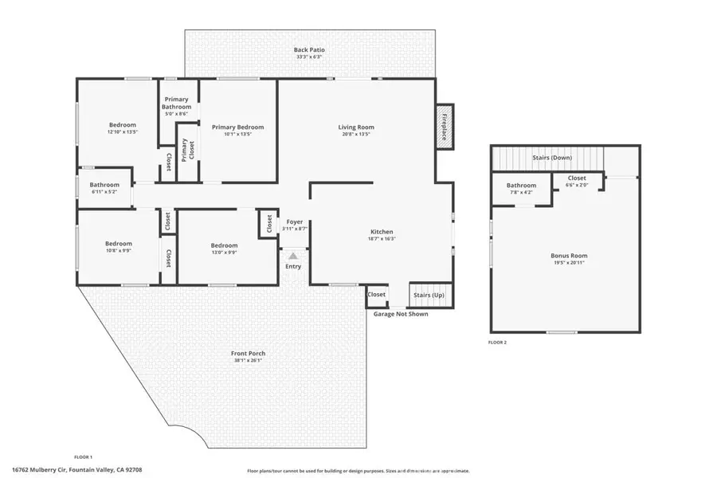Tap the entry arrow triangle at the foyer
(293, 256)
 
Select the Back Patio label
(309, 50)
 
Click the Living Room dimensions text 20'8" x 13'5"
(356, 134)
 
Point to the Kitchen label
(382, 232)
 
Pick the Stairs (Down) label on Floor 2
(551, 158)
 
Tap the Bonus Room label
(569, 256)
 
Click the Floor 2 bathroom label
(522, 186)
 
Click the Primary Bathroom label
(176, 103)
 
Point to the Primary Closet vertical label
(185, 150)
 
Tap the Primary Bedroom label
(237, 127)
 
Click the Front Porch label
(249, 353)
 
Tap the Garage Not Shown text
(401, 313)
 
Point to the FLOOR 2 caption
(497, 343)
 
